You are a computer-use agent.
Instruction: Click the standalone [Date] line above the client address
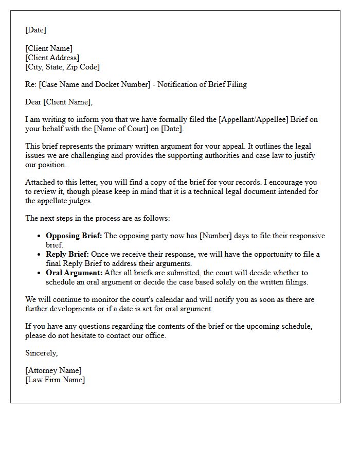(x=35, y=30)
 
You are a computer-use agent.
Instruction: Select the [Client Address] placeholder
(x=52, y=58)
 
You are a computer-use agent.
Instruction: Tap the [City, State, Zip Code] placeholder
(x=62, y=67)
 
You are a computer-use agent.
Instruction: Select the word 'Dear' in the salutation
(x=33, y=102)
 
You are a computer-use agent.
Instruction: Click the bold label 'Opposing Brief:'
(x=74, y=236)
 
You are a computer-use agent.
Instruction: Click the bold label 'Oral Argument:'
(x=74, y=273)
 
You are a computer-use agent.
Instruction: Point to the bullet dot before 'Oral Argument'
(x=40, y=273)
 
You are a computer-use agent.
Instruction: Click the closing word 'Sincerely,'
(x=42, y=353)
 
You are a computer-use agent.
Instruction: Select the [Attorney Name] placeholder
(x=53, y=370)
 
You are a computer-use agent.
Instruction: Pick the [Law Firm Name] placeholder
(x=55, y=380)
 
